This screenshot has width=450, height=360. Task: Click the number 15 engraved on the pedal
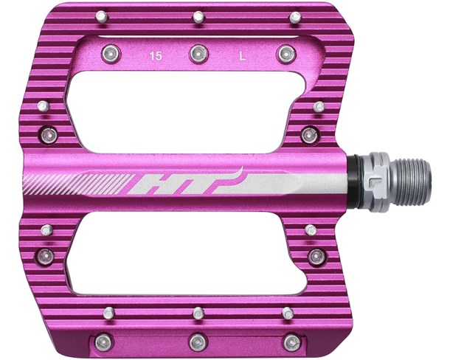pos(156,55)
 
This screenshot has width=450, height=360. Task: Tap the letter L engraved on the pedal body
pos(243,55)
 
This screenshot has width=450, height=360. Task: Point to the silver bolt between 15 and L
pos(198,53)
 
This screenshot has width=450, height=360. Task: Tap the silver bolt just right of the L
pos(287,52)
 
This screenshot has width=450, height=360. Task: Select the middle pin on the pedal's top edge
pos(197,16)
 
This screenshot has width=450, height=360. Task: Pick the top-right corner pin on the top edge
pos(294,17)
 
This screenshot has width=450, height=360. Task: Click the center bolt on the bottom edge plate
pos(197,342)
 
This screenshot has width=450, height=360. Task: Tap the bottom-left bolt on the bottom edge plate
pos(104,342)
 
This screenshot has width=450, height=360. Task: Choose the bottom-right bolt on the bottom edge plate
pos(291,342)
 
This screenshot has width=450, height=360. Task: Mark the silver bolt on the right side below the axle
pos(317,256)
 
